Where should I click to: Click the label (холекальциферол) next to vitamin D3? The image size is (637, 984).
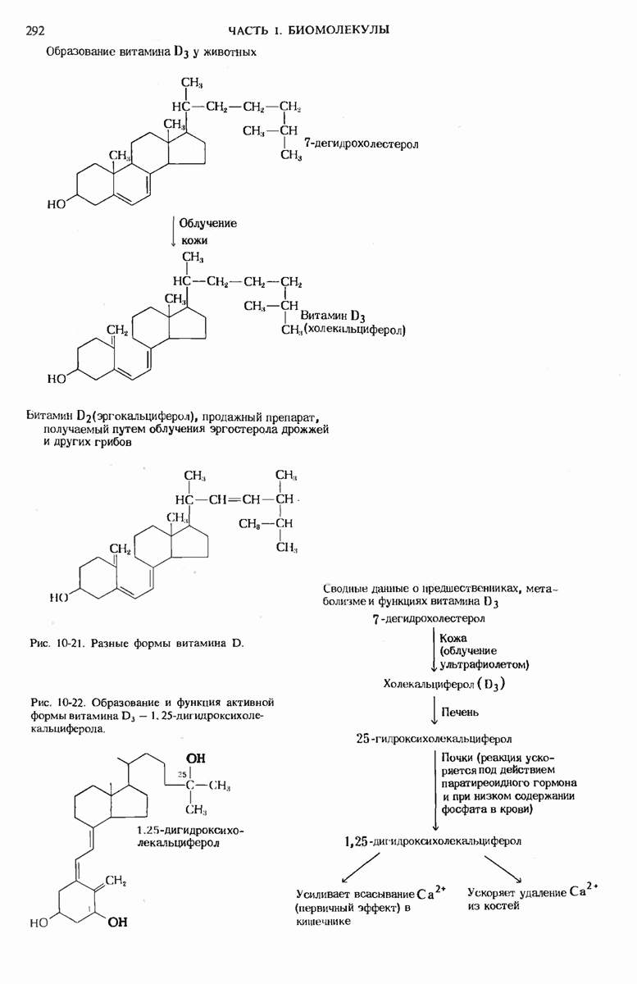pyautogui.click(x=355, y=330)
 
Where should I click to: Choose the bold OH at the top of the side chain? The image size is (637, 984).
pyautogui.click(x=197, y=758)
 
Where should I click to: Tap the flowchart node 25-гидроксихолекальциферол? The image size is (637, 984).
pyautogui.click(x=434, y=737)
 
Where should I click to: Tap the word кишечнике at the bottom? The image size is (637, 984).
pyautogui.click(x=323, y=922)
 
